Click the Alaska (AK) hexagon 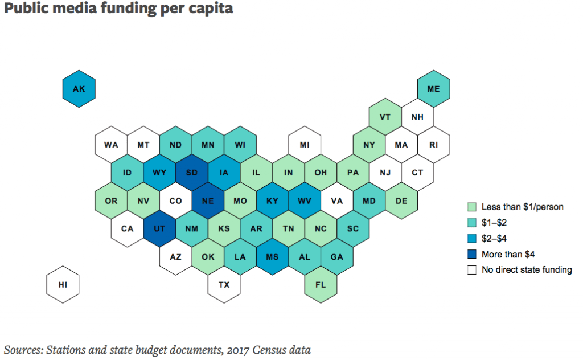pos(79,88)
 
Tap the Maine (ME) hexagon pos(433,88)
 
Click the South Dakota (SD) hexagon pos(192,172)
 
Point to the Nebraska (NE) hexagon pos(208,200)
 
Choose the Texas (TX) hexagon pos(224,284)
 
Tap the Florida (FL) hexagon pos(321,284)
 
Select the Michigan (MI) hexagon pos(304,144)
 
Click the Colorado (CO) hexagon pos(175,200)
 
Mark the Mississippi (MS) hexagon pos(272,256)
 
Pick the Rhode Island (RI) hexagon pos(433,144)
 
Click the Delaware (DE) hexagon pos(401,200)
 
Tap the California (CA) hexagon pos(127,228)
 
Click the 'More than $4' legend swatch pos(472,255)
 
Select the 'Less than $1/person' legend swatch pos(472,207)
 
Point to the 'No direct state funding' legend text pos(527,270)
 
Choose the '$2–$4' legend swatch pos(472,239)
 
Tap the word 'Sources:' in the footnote pos(23,349)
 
